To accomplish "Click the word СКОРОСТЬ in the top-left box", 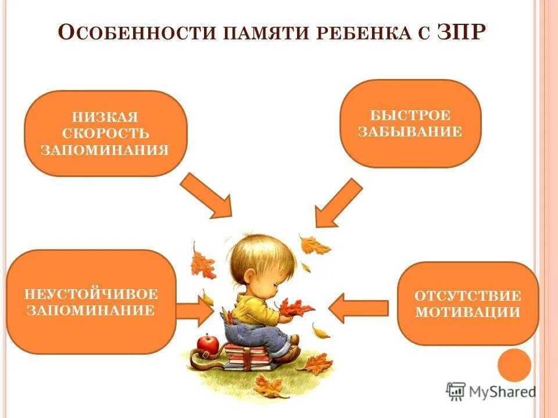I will (x=105, y=134).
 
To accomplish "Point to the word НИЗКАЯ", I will (x=105, y=117).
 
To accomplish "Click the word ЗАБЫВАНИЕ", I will (x=410, y=132).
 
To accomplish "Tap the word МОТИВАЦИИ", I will (x=467, y=312).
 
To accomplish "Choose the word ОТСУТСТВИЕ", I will (x=467, y=295).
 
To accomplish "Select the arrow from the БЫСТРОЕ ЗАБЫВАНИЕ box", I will (x=337, y=203).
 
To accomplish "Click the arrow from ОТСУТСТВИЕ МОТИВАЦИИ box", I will (x=359, y=308).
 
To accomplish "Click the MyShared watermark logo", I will (x=491, y=392).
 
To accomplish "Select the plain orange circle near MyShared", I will (x=514, y=366).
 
